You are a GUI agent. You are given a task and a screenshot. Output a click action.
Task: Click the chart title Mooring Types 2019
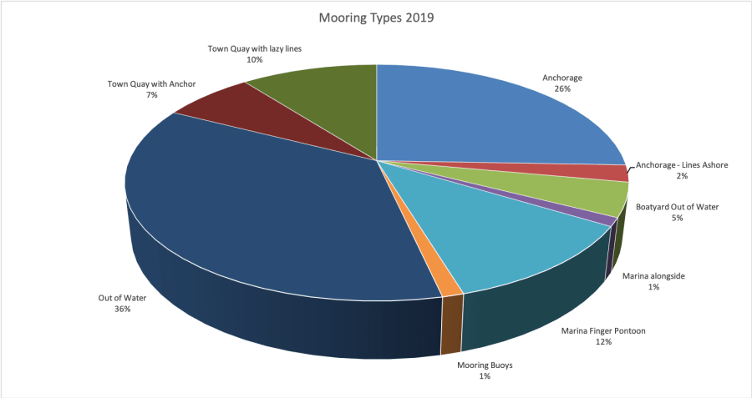coord(376,17)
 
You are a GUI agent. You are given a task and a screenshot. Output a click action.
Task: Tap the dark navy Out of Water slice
coord(267,217)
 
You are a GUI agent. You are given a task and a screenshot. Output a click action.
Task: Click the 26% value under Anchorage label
coord(561,88)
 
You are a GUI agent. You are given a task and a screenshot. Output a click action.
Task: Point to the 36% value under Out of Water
coord(123,309)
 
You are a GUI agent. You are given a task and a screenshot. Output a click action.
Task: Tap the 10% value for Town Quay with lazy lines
coord(254,60)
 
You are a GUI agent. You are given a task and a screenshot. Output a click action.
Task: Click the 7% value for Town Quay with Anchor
coord(150,95)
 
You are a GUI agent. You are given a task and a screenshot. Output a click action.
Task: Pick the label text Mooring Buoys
coord(485,365)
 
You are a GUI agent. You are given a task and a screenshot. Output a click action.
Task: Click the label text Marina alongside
coord(653,275)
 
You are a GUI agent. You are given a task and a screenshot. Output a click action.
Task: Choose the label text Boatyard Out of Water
coord(677,207)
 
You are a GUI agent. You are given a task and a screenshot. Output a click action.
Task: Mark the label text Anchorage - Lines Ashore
coord(682,165)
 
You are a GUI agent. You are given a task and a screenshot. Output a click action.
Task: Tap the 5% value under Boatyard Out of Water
coord(677,219)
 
